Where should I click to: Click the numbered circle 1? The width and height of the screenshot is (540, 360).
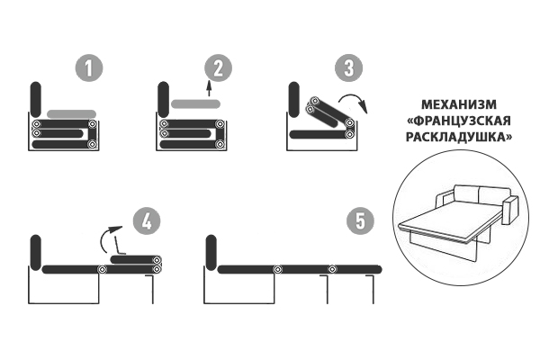[x=89, y=67]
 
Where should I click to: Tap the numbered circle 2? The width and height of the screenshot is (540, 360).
[x=219, y=67]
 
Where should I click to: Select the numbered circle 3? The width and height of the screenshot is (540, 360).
[x=349, y=67]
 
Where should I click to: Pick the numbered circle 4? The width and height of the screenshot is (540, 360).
[x=147, y=220]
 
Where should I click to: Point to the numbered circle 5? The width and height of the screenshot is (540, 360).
[x=361, y=220]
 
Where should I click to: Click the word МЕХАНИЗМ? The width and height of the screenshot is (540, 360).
[x=459, y=104]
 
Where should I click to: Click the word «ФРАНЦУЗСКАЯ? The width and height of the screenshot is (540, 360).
[x=459, y=121]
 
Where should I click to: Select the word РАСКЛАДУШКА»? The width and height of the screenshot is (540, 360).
[x=459, y=137]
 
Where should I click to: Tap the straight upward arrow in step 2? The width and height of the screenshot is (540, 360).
[x=209, y=88]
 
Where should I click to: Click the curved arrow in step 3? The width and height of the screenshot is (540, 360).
[x=354, y=96]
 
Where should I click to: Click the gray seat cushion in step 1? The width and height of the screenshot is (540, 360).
[x=71, y=114]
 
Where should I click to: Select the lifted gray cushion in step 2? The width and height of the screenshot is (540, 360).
[x=195, y=103]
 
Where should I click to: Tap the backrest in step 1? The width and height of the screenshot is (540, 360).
[x=36, y=100]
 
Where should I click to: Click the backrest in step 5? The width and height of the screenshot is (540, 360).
[x=211, y=253]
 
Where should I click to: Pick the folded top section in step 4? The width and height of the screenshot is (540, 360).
[x=136, y=260]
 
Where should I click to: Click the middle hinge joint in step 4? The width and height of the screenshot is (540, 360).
[x=102, y=269]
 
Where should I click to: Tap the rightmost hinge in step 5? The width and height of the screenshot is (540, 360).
[x=332, y=269]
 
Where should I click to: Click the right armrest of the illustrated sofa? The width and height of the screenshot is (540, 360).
[x=510, y=210]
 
